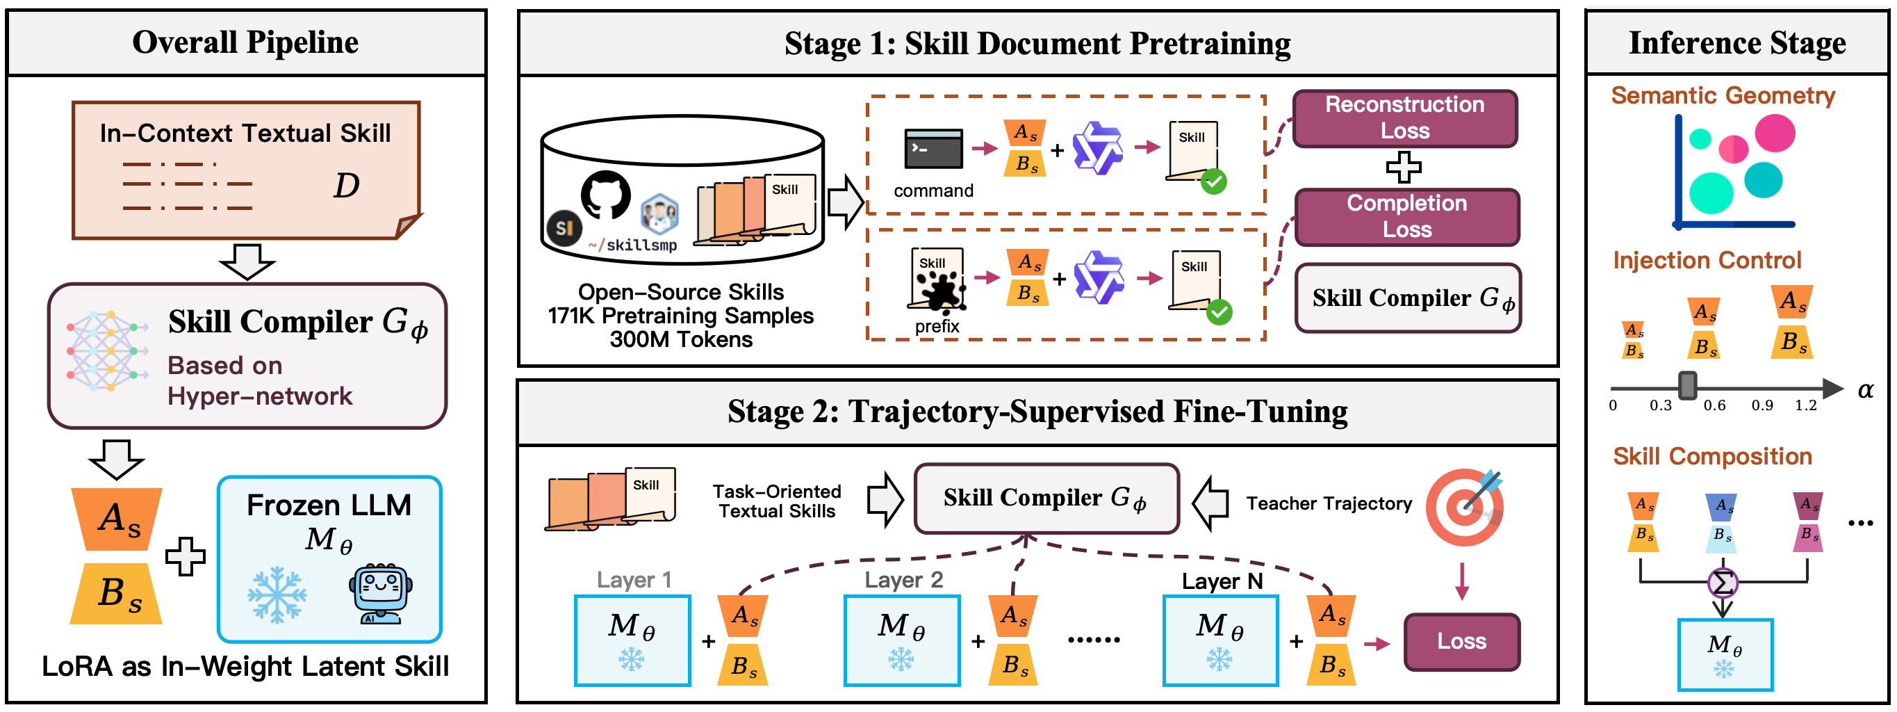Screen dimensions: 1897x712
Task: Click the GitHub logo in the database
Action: [x=606, y=195]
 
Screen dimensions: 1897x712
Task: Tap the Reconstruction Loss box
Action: [x=1405, y=118]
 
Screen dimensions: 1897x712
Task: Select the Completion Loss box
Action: [x=1406, y=217]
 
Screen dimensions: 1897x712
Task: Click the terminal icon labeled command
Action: [x=933, y=148]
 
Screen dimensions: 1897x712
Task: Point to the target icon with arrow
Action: [x=1464, y=506]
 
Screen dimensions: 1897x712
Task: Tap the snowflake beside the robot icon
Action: [x=277, y=594]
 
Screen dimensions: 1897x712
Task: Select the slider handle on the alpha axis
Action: [x=1687, y=385]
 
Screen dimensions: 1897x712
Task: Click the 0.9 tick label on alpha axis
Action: [x=1762, y=405]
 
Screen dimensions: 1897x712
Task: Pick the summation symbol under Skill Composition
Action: [x=1723, y=583]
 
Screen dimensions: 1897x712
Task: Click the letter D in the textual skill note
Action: [x=346, y=185]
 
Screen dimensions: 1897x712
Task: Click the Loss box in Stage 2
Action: [x=1462, y=641]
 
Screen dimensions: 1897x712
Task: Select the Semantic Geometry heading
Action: [x=1723, y=95]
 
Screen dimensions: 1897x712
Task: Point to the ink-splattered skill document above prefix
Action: [x=936, y=281]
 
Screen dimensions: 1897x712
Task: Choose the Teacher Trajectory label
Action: [x=1329, y=503]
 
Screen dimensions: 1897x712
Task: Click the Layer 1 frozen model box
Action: [x=632, y=640]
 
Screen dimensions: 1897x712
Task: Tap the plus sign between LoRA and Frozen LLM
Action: [x=185, y=556]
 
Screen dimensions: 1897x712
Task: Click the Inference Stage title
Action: [x=1737, y=42]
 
